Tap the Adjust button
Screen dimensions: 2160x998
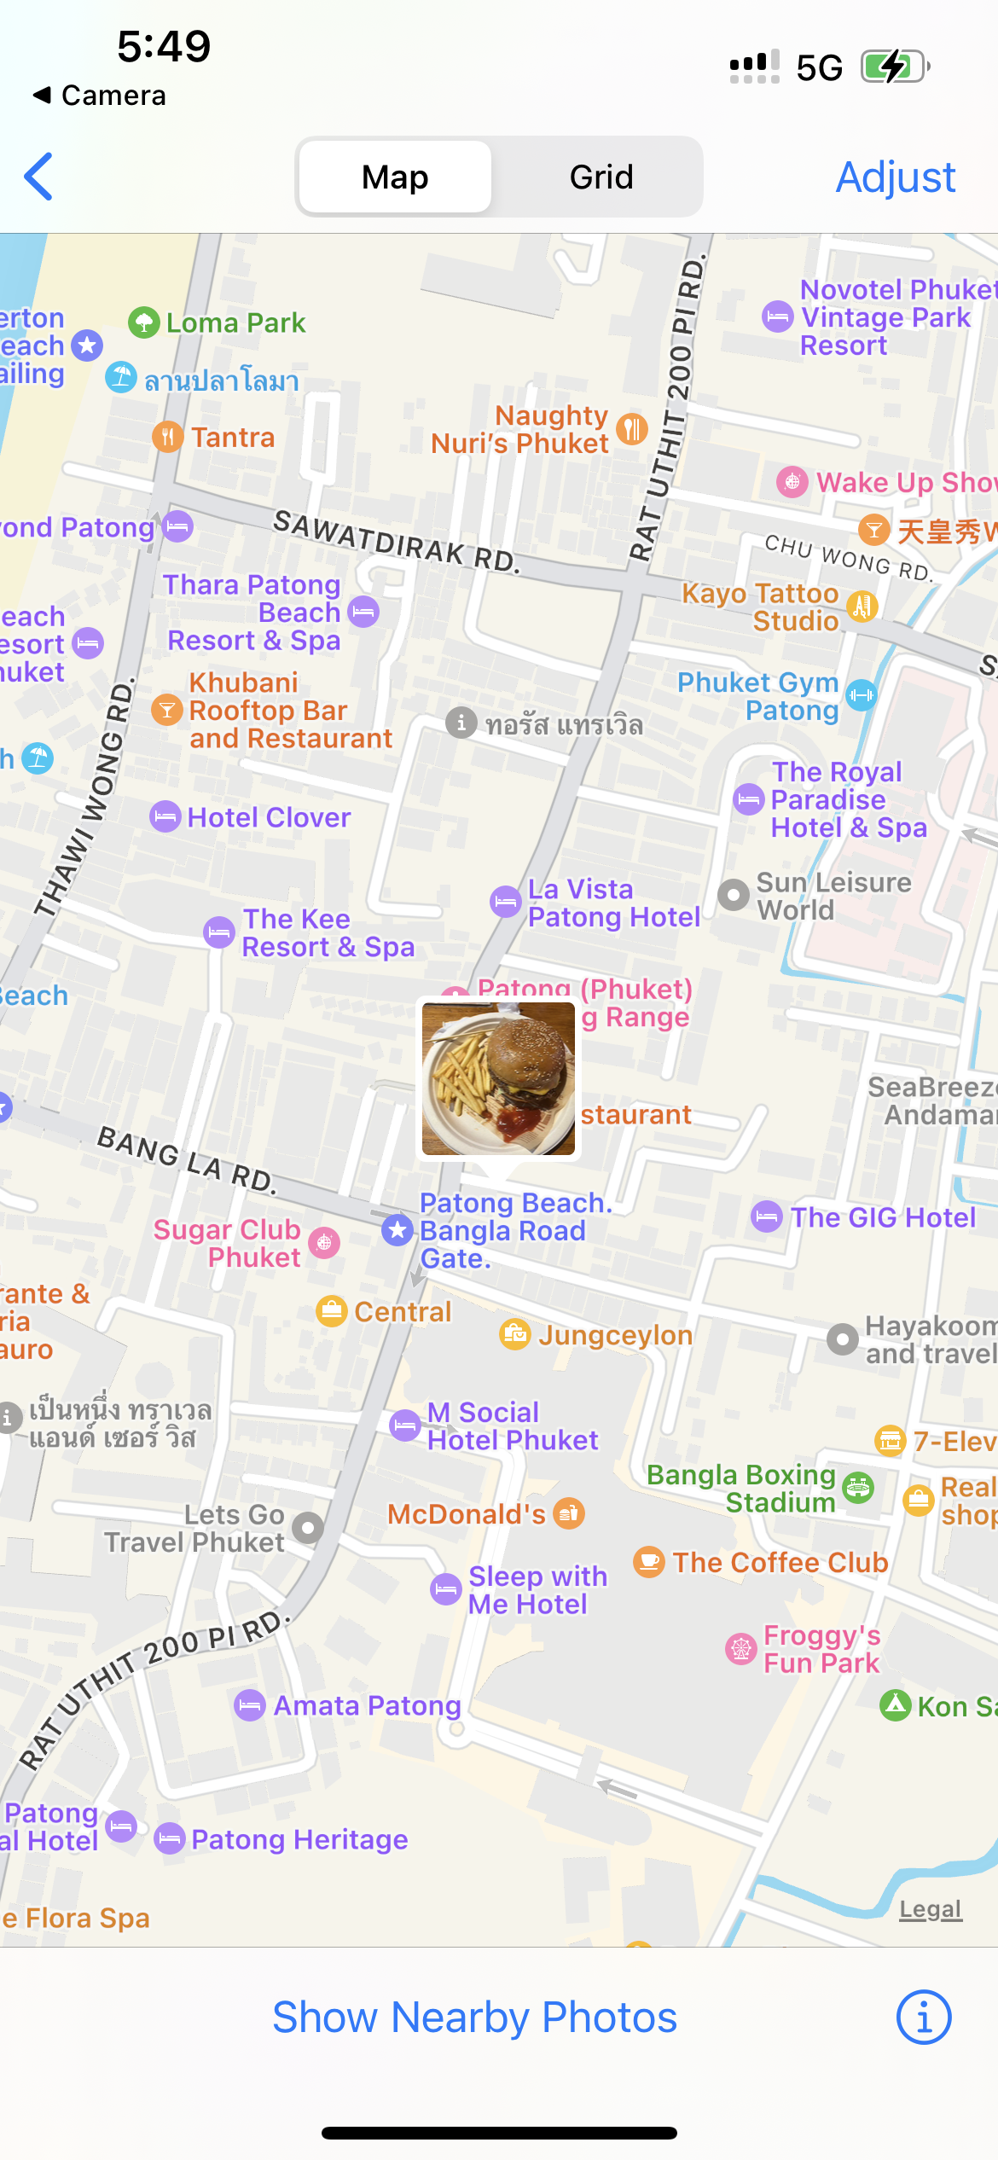coord(895,177)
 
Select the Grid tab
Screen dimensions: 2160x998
coord(601,177)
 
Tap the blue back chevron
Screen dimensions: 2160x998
coord(39,177)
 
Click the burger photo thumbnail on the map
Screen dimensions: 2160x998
coord(498,1078)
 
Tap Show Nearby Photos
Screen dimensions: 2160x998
coord(474,2018)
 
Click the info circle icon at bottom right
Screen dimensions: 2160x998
coord(923,2018)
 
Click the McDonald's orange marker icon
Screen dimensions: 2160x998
coord(568,1513)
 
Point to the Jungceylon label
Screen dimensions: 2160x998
coord(614,1335)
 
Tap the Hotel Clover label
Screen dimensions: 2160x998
coord(269,817)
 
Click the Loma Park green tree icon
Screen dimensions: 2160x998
coord(144,322)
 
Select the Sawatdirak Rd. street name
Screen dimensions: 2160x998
coord(396,541)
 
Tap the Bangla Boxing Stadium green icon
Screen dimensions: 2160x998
coord(858,1488)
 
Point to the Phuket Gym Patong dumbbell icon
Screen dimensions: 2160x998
coord(861,695)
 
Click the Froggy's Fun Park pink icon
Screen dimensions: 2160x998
coord(740,1648)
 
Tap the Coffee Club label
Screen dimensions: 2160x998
coord(780,1562)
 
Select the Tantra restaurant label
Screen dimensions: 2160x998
coord(232,437)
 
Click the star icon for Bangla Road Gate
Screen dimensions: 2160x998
coord(397,1230)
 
